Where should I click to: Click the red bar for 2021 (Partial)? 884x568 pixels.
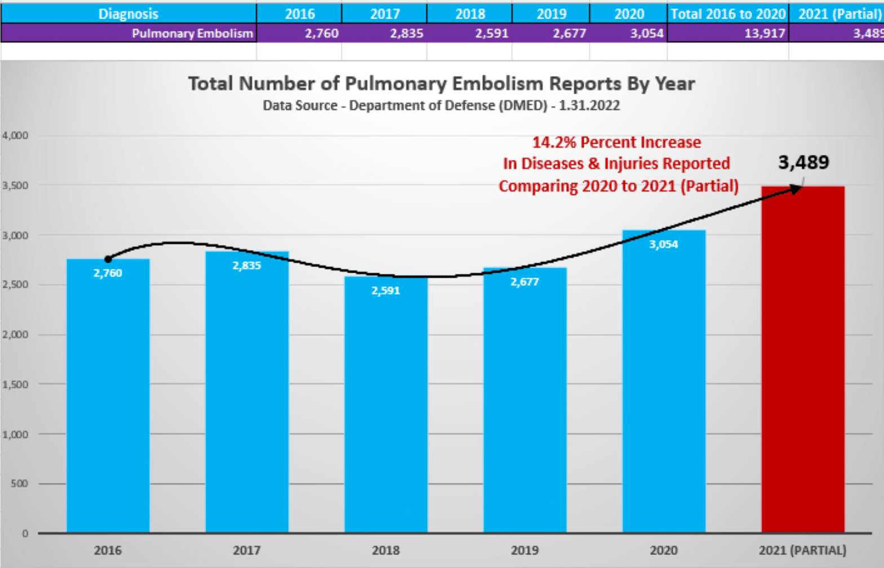point(803,361)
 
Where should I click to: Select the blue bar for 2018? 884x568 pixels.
point(386,406)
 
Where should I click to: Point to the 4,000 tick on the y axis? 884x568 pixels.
point(15,135)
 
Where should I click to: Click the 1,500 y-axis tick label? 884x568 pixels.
point(15,384)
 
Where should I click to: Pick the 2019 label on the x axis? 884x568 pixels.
point(525,550)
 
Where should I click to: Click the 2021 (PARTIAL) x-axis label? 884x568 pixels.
point(802,550)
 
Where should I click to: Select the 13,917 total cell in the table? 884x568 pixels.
point(764,33)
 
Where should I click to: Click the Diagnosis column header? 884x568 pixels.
point(128,14)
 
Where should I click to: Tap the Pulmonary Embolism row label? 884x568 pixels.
point(192,33)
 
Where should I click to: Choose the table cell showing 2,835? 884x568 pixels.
point(406,33)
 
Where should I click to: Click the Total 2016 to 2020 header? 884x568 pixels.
point(728,14)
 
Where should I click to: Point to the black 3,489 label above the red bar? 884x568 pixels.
point(803,162)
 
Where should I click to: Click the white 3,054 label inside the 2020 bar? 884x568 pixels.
point(664,244)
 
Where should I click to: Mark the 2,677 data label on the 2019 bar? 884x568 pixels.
point(525,282)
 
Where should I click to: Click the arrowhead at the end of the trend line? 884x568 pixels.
point(796,189)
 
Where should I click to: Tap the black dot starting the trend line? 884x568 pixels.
point(108,259)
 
